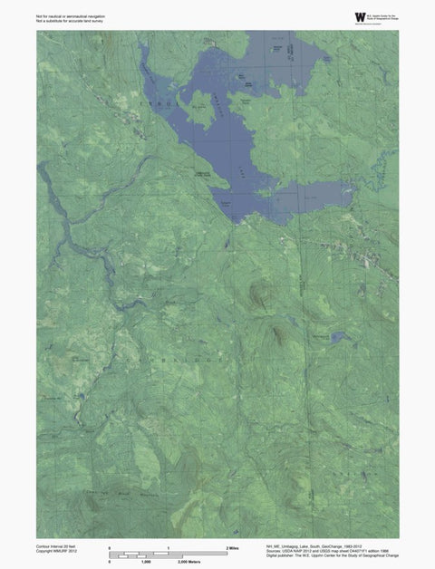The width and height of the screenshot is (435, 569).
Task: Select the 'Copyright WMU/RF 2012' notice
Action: (55, 552)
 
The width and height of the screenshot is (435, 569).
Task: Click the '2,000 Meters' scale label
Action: (188, 562)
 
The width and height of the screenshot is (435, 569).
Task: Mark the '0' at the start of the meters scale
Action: (110, 562)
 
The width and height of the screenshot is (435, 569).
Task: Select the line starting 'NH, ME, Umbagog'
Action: (313, 546)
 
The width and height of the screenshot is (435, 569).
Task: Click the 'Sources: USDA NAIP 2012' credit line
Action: (321, 552)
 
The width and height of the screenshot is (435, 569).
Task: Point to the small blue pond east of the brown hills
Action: (339, 337)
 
